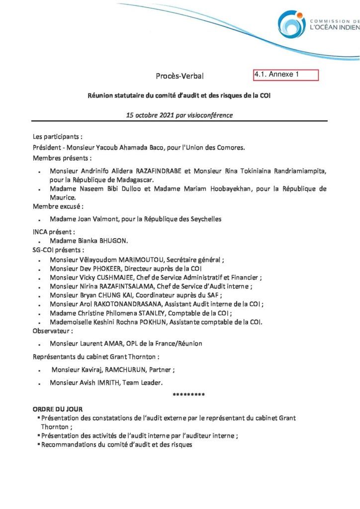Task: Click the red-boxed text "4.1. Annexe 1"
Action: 276,75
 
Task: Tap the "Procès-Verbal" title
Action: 180,76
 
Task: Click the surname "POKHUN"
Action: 178,322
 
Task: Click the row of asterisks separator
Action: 188,395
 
